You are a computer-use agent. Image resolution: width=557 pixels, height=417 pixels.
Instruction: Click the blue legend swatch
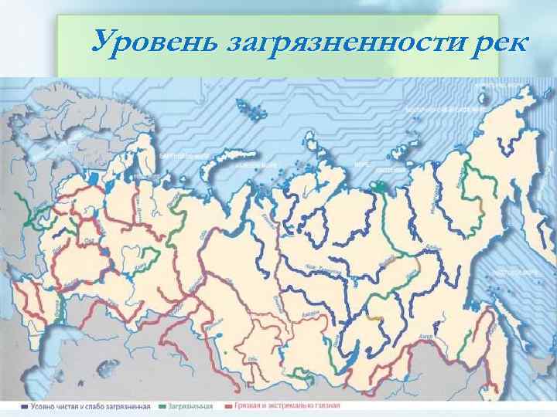click(x=26, y=404)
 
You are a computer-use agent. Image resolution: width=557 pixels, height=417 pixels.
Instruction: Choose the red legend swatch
click(x=229, y=404)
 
